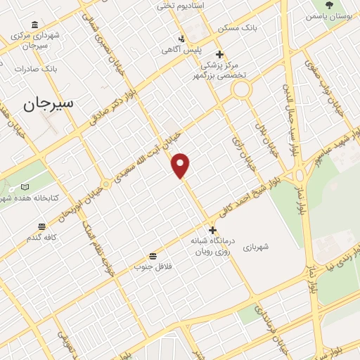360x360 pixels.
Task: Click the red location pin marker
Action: pyautogui.click(x=181, y=165)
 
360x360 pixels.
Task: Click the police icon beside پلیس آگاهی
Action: pyautogui.click(x=181, y=38)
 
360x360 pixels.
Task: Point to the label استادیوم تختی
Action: pyautogui.click(x=199, y=6)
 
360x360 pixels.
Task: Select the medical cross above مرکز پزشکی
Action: pyautogui.click(x=219, y=54)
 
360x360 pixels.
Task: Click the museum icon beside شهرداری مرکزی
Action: pyautogui.click(x=35, y=25)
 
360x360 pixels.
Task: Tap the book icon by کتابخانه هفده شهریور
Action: pyautogui.click(x=25, y=187)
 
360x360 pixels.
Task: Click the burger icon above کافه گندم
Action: pyautogui.click(x=41, y=226)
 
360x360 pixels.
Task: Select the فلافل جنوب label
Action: pyautogui.click(x=153, y=266)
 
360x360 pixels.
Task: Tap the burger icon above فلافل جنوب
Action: pyautogui.click(x=153, y=255)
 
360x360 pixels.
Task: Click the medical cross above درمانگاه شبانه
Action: pyautogui.click(x=212, y=230)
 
